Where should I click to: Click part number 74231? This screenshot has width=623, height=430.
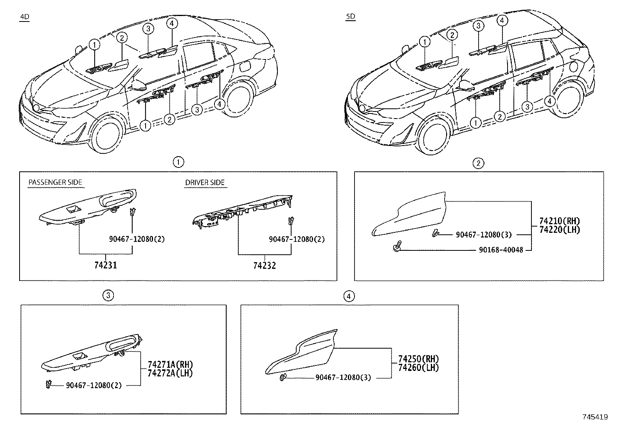coord(106,265)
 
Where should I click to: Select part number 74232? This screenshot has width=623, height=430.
coord(265,266)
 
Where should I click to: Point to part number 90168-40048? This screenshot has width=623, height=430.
coord(501,250)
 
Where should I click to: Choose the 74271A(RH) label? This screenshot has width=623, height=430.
coord(170,364)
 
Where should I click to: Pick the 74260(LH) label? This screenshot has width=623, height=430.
coord(418,367)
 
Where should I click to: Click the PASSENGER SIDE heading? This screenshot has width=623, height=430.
coord(55,182)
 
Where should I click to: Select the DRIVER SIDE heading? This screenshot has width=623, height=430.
coord(205,182)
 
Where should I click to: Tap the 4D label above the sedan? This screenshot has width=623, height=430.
coord(24,17)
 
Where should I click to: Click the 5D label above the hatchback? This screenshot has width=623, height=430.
coord(351,17)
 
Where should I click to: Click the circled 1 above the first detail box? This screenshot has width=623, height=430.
coord(178,162)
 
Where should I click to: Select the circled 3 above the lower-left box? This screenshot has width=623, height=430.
coord(108,295)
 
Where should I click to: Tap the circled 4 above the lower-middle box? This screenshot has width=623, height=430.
coord(349,296)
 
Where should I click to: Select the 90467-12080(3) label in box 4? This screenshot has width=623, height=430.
coord(343,378)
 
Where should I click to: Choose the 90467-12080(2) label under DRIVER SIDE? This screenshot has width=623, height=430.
coord(297,239)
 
